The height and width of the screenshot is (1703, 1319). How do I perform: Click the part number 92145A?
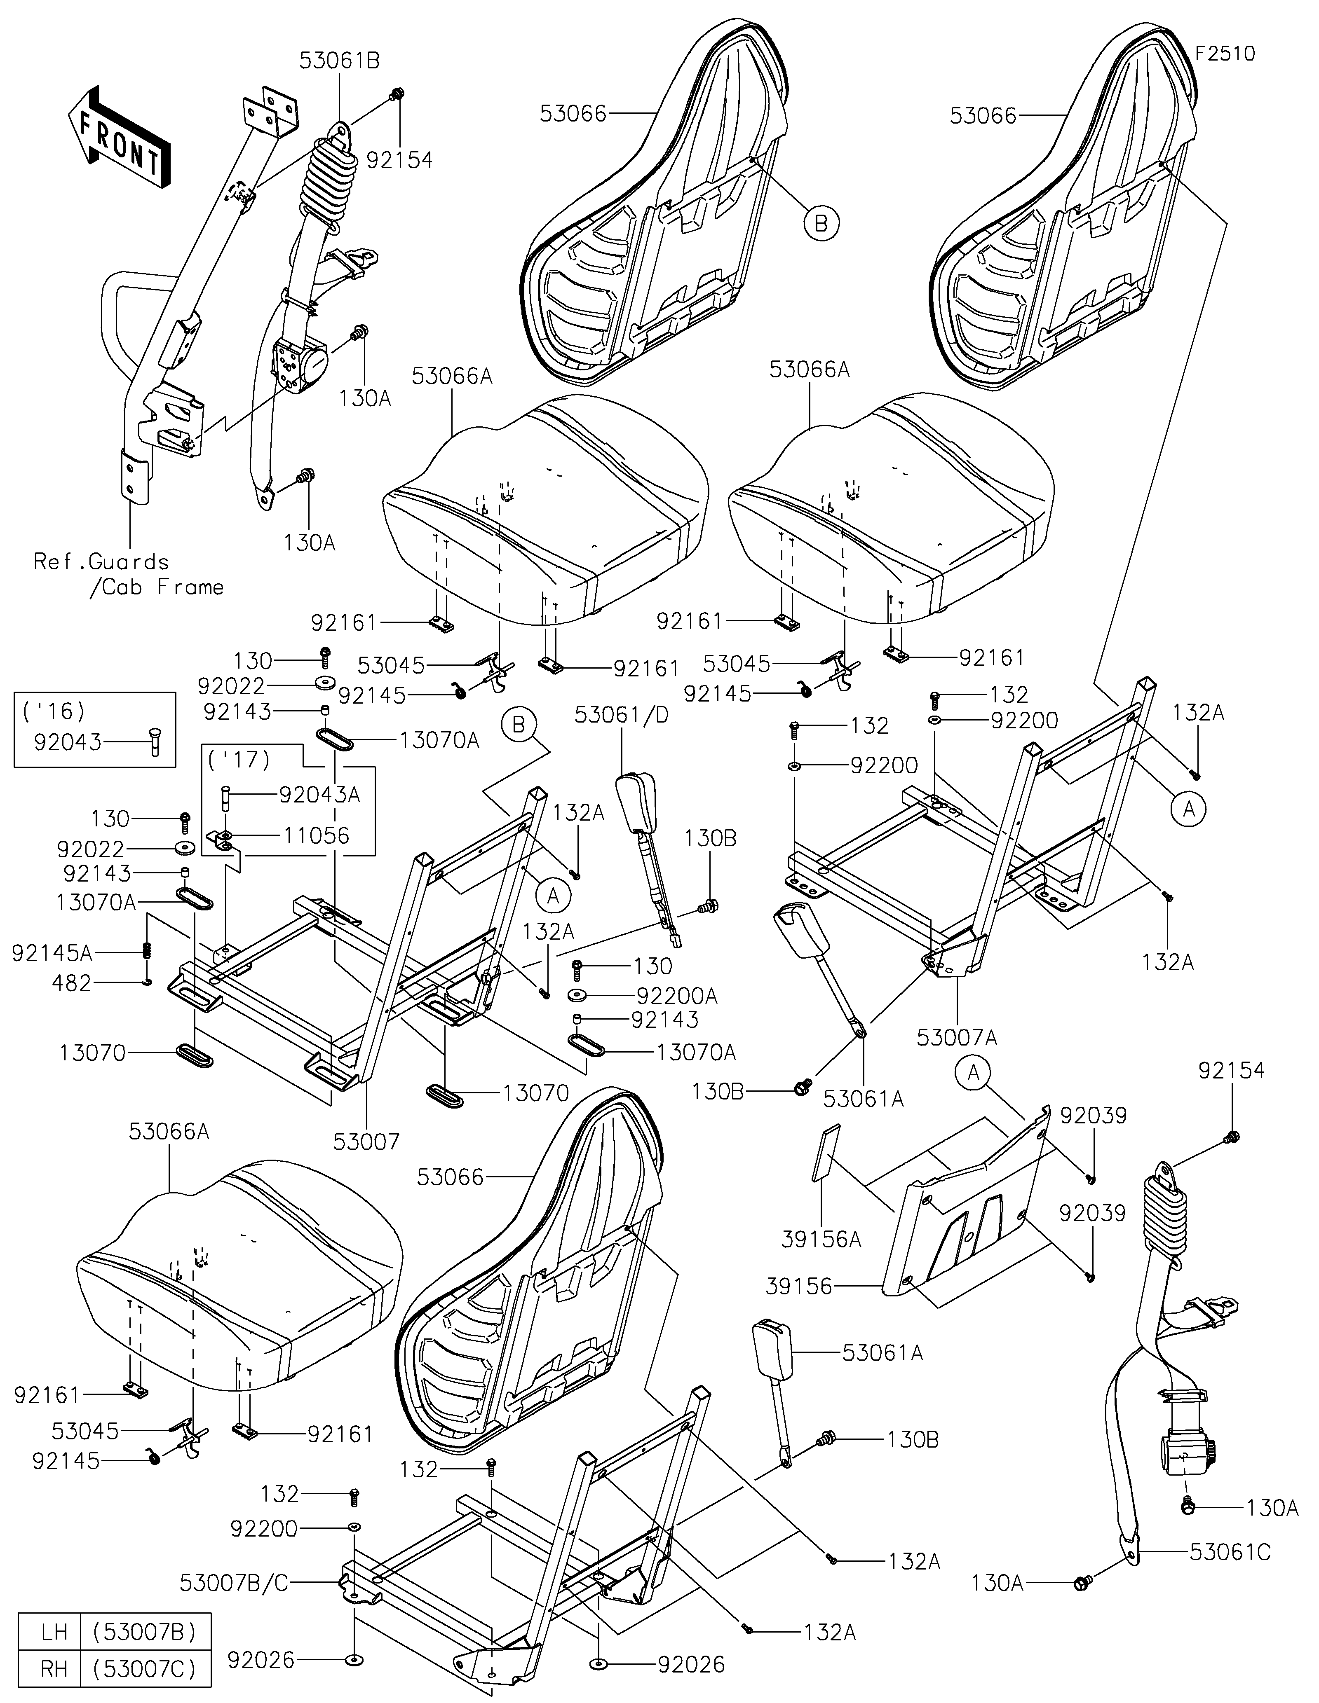pos(52,952)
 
